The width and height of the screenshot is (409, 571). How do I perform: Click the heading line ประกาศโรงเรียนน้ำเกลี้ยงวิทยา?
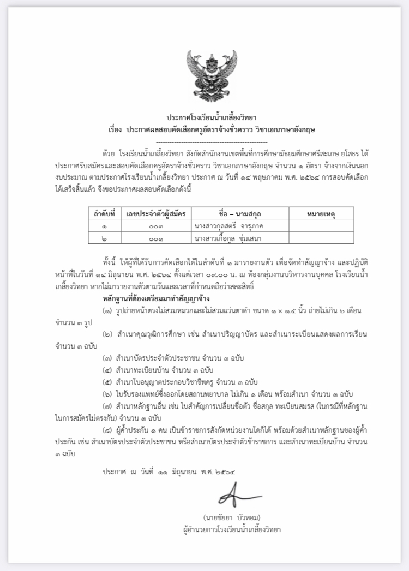point(204,118)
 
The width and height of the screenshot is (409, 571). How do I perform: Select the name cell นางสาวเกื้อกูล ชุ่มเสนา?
point(232,238)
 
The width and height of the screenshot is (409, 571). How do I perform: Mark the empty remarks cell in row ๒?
point(321,238)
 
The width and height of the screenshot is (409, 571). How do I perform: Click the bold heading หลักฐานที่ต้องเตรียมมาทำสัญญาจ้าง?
point(156,299)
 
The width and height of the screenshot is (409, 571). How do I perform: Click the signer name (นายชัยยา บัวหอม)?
point(231,517)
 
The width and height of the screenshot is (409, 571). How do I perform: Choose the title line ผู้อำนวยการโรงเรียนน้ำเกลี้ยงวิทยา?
point(231,529)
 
